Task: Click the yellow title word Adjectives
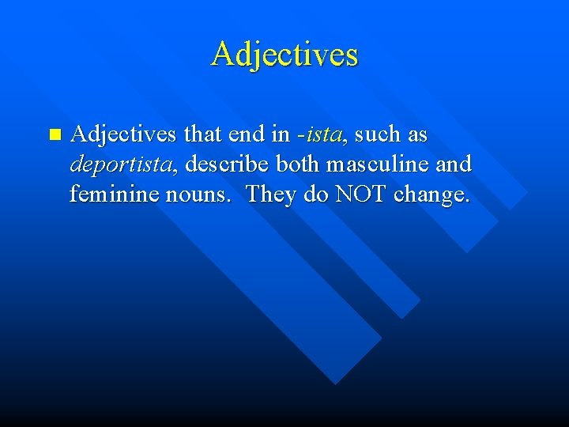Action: coord(284,55)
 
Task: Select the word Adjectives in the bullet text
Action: coord(122,135)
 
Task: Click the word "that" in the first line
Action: coord(204,135)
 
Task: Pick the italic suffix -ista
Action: coord(320,135)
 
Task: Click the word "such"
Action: coord(379,135)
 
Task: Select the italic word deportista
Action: coord(122,164)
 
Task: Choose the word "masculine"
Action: coord(380,164)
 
